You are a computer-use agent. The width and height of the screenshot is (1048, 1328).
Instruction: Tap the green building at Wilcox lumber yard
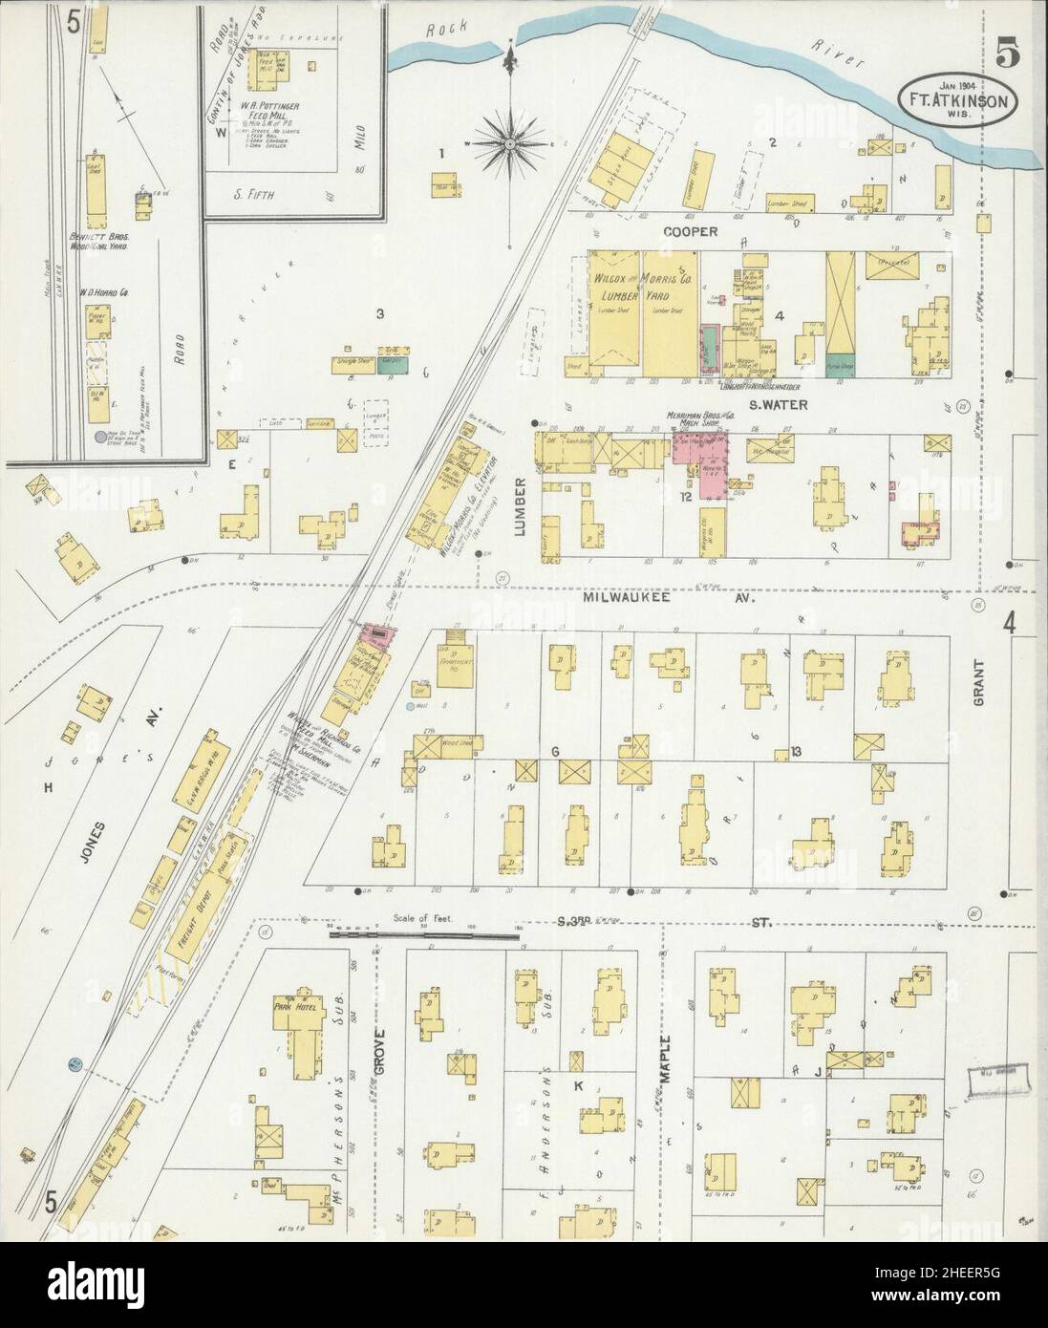point(708,343)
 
